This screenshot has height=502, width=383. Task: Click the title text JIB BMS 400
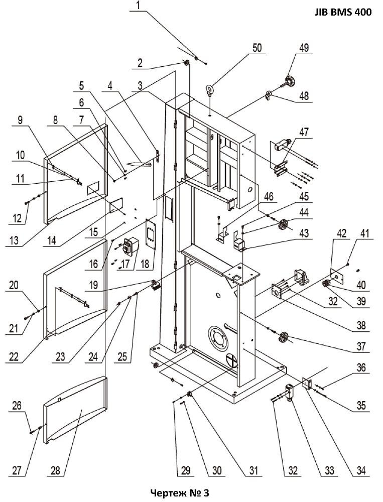click(x=343, y=12)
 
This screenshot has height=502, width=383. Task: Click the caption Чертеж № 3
click(x=180, y=492)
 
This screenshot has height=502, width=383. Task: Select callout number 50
click(x=257, y=48)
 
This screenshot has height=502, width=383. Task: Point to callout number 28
click(x=55, y=470)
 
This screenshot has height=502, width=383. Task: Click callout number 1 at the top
click(x=138, y=6)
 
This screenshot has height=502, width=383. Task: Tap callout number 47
click(x=303, y=132)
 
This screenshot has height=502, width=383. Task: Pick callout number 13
click(x=14, y=240)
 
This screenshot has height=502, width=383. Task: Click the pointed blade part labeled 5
click(x=140, y=164)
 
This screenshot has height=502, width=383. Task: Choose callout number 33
click(x=329, y=470)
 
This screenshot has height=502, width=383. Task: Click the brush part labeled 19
click(x=155, y=286)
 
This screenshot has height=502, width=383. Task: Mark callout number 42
click(x=341, y=233)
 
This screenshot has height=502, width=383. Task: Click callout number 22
click(x=14, y=356)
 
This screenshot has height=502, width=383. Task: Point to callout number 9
click(x=20, y=120)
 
